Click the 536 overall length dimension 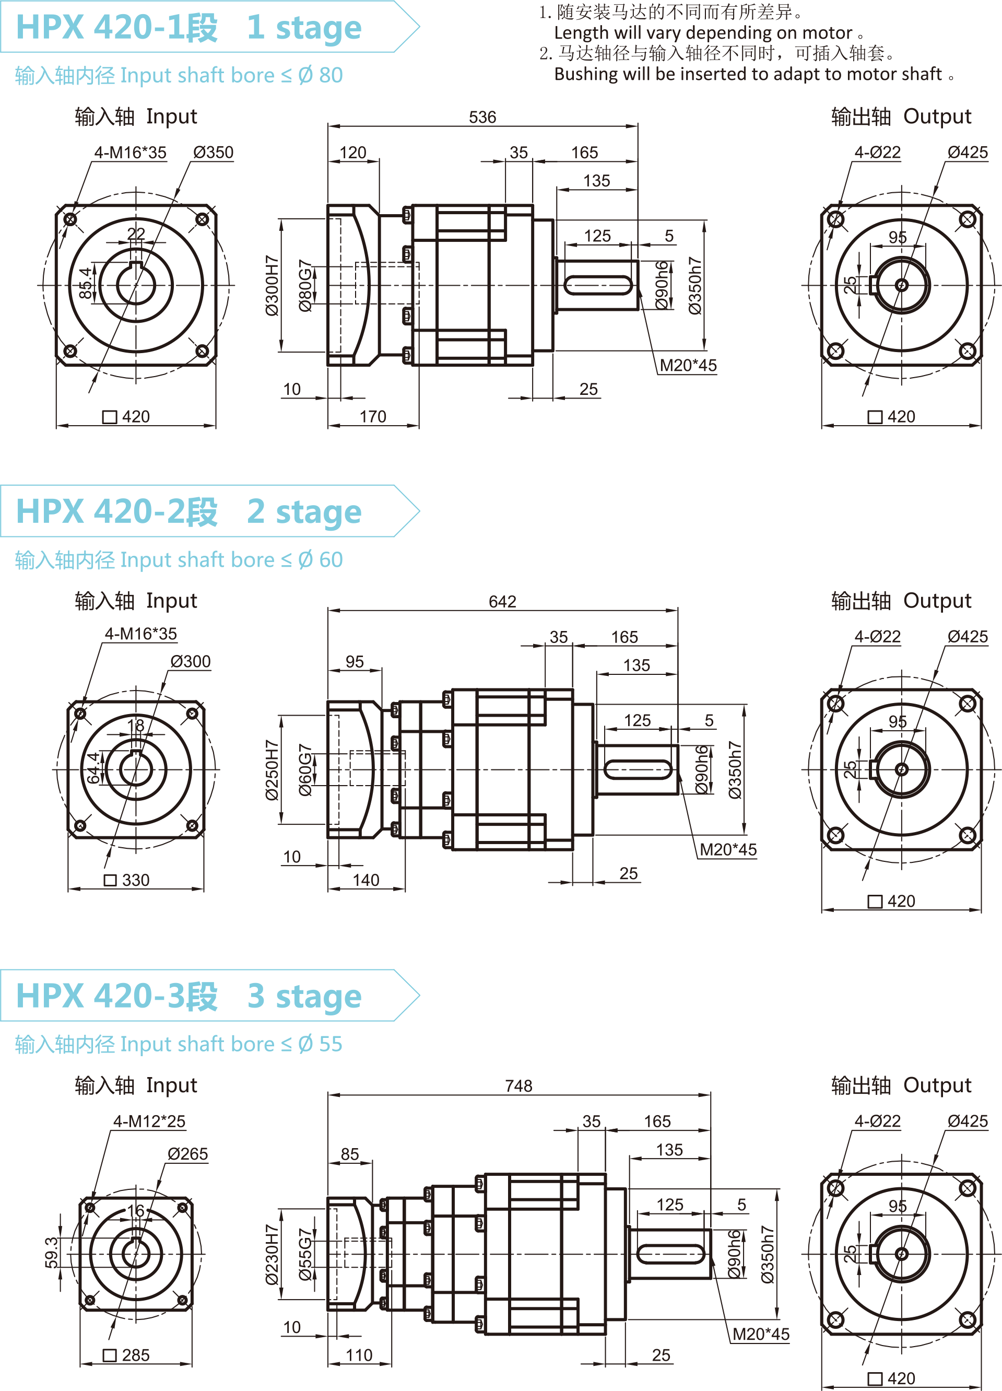(482, 117)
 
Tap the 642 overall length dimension (502, 602)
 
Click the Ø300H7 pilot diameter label (272, 286)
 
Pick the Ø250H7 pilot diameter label (272, 770)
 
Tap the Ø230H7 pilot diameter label (272, 1255)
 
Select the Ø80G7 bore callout (305, 286)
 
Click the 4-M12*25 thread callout (149, 1122)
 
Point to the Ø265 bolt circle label (187, 1154)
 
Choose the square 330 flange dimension (127, 881)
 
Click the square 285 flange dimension (127, 1355)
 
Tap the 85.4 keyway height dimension (85, 283)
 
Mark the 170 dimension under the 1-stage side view (373, 417)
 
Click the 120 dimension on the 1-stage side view (352, 153)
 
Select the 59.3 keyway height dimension (52, 1253)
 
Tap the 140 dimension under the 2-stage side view (366, 881)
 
